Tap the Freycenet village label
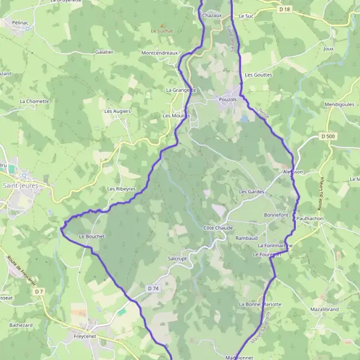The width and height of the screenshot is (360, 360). point(85,337)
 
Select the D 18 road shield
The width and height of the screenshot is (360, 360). point(284,9)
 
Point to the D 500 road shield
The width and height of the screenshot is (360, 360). point(328,136)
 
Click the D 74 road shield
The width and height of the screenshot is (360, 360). point(153,289)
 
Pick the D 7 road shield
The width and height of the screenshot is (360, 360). point(39,292)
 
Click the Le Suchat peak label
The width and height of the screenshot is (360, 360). point(161,30)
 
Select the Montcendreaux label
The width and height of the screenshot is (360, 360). point(160,53)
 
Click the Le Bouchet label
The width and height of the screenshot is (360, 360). point(92,236)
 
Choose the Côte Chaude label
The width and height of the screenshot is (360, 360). point(217,228)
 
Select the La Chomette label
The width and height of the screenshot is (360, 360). point(34,101)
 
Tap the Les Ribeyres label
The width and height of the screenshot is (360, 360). point(121,188)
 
